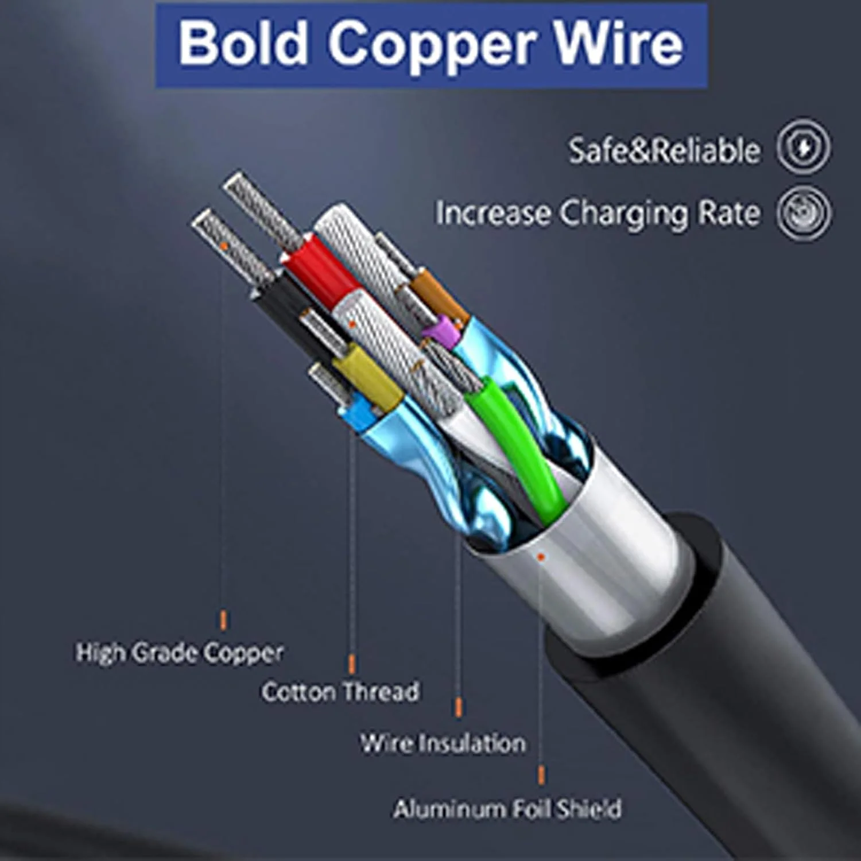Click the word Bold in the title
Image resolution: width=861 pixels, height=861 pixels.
[x=242, y=44]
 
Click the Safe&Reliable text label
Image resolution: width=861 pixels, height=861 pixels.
[x=664, y=150]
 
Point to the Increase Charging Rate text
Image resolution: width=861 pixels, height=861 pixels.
[x=598, y=214]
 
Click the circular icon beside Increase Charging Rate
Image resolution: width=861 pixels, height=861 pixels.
[x=804, y=212]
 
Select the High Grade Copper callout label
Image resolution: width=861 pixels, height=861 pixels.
[x=180, y=653]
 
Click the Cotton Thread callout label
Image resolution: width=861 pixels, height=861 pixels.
[x=340, y=691]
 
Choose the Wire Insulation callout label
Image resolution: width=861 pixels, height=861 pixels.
[x=443, y=743]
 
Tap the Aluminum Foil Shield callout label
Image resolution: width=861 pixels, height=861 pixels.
[x=507, y=809]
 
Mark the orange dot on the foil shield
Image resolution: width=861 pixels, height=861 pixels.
[x=541, y=556]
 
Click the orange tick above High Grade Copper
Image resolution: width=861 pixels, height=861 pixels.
[x=223, y=620]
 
